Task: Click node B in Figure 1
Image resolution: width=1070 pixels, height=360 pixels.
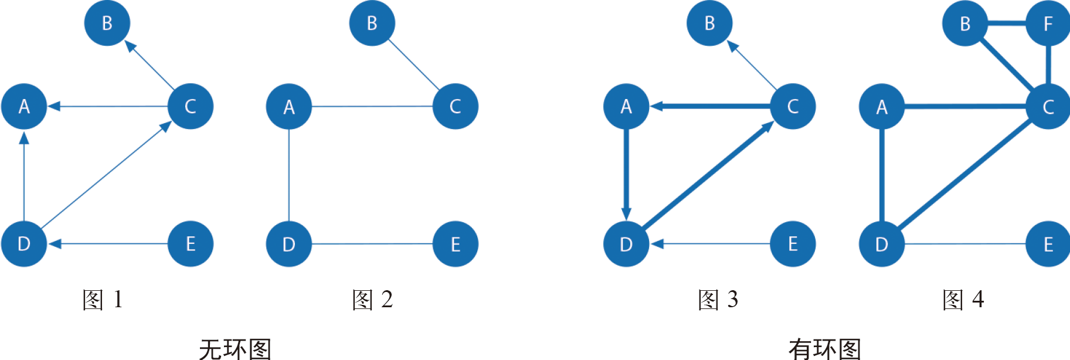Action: coord(107,23)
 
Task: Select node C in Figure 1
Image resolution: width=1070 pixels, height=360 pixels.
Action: coord(190,107)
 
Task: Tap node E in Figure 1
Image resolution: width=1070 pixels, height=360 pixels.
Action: coord(190,244)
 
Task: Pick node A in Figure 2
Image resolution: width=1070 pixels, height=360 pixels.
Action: coord(288,107)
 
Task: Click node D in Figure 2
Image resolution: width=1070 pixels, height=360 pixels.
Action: coord(288,244)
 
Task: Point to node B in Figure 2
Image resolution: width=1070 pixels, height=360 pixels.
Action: coord(372,23)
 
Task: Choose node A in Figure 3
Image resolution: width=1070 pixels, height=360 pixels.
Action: coord(626,107)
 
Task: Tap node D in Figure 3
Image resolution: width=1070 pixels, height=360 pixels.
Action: coord(626,244)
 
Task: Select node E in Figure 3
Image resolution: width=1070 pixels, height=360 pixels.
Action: coord(793,244)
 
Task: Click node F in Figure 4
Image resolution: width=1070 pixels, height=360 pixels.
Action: coord(1048,23)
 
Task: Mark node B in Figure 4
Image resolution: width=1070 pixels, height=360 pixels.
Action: coord(964,23)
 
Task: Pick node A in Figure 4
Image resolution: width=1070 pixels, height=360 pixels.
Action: coord(882,107)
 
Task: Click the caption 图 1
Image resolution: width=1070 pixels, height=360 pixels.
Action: coord(103,300)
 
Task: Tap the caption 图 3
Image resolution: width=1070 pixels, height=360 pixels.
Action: coord(718,300)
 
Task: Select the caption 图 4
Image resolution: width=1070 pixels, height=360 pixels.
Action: coord(963,300)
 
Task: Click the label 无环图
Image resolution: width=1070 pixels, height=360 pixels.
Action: coord(235,349)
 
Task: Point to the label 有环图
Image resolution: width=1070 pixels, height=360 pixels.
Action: coord(824,349)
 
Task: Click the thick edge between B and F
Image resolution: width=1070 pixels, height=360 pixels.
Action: coord(1006,23)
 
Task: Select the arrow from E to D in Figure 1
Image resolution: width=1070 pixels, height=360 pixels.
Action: coord(111,244)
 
